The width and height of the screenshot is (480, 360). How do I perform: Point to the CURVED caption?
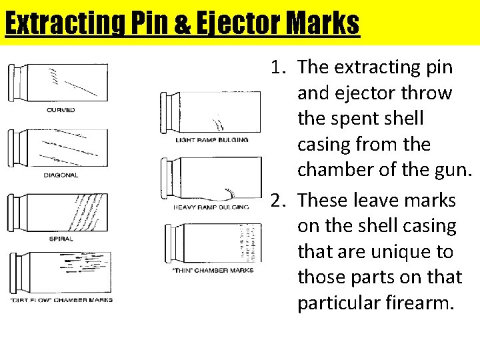click(61, 109)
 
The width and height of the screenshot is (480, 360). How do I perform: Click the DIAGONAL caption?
click(61, 175)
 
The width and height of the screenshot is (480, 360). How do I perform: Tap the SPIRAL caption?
click(61, 238)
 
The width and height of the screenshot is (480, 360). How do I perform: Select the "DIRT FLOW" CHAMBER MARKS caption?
click(61, 300)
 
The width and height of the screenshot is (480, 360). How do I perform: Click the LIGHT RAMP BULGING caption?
click(211, 140)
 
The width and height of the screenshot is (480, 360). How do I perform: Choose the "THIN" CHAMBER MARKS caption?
click(213, 270)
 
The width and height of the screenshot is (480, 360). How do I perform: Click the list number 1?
click(277, 67)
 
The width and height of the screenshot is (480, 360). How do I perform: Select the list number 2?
click(277, 200)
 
